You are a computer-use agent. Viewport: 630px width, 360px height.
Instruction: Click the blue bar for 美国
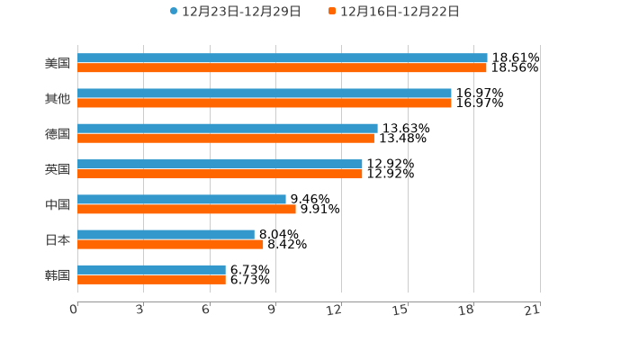tap(283, 58)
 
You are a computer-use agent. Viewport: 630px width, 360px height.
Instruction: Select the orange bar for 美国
tap(282, 67)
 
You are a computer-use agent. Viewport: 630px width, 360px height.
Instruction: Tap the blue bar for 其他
tap(265, 93)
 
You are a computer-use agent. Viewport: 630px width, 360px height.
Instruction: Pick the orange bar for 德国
tap(226, 138)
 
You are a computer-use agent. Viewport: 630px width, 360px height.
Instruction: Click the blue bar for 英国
tap(220, 164)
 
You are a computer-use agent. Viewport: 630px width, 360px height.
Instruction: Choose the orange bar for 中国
tap(186, 209)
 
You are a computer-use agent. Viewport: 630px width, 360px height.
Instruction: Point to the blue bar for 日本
tap(166, 234)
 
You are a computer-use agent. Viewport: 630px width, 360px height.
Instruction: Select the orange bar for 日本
tap(170, 244)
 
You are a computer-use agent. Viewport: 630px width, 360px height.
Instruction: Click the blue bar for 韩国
tap(151, 269)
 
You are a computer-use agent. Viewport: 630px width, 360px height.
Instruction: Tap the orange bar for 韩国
tap(151, 279)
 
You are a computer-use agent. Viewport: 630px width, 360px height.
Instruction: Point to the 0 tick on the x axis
tap(74, 310)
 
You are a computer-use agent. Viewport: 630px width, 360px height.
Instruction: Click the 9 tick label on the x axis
tap(272, 310)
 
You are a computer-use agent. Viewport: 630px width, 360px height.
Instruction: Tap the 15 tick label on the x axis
tap(401, 310)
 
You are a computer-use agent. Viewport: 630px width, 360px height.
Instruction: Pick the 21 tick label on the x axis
tap(533, 310)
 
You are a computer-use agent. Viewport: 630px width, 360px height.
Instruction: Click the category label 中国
tap(58, 204)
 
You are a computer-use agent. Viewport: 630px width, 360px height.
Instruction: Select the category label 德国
tap(58, 133)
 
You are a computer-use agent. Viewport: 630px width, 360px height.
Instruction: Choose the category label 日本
tap(58, 239)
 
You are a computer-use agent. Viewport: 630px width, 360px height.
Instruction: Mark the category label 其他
tap(58, 98)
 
